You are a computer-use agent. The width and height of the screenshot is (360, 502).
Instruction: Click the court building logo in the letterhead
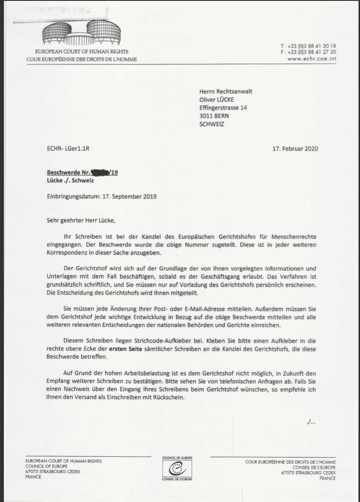pyautogui.click(x=82, y=34)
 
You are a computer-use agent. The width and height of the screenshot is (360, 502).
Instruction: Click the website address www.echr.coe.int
pyautogui.click(x=311, y=59)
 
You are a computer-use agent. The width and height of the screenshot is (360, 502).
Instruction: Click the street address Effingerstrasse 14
pyautogui.click(x=223, y=108)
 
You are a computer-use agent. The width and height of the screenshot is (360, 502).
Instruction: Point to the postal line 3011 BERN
pyautogui.click(x=214, y=116)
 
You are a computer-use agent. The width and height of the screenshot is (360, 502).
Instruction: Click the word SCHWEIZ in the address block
pyautogui.click(x=212, y=124)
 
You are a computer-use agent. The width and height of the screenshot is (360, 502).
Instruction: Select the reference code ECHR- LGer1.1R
pyautogui.click(x=69, y=149)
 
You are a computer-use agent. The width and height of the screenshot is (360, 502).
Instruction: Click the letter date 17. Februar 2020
pyautogui.click(x=295, y=149)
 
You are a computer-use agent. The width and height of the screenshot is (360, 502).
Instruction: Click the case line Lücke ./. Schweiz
pyautogui.click(x=70, y=180)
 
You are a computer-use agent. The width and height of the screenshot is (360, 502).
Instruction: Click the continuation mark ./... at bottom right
pyautogui.click(x=311, y=422)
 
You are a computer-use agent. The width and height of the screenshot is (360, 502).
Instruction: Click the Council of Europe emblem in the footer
pyautogui.click(x=177, y=469)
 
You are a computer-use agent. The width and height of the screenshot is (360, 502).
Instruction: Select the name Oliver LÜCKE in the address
pyautogui.click(x=216, y=100)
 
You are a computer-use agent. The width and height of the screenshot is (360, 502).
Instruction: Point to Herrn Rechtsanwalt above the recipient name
pyautogui.click(x=228, y=91)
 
